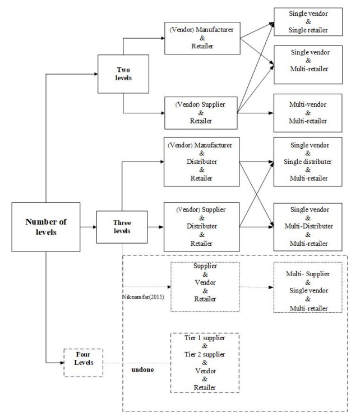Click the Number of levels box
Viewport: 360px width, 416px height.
pos(45,226)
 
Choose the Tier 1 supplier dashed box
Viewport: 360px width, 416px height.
pos(204,363)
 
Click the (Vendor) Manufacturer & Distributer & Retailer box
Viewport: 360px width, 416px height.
pos(202,162)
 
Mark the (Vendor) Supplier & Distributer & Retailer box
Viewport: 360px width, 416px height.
pos(202,227)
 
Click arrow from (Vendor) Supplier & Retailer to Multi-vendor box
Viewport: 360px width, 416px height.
pos(256,113)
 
